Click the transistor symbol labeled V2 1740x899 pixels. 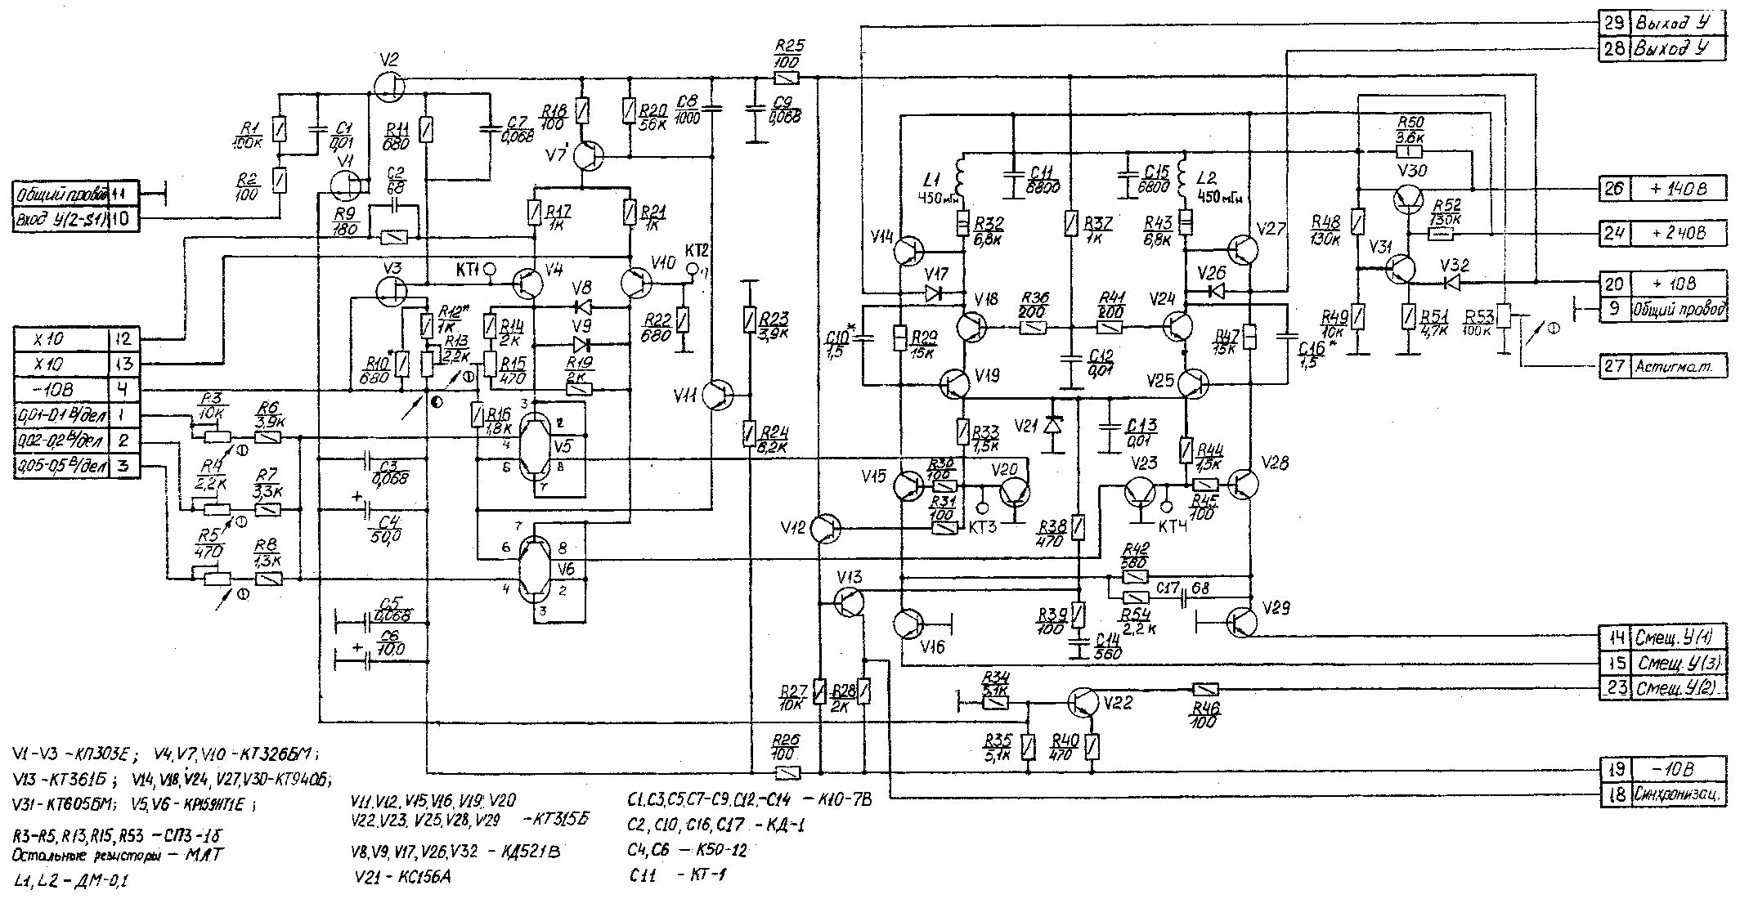[x=390, y=83]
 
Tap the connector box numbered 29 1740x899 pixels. [x=1614, y=24]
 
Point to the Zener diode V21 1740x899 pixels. [x=1054, y=426]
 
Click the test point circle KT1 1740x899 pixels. [x=490, y=269]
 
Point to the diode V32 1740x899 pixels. [x=1450, y=283]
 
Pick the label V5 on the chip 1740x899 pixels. [x=563, y=446]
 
